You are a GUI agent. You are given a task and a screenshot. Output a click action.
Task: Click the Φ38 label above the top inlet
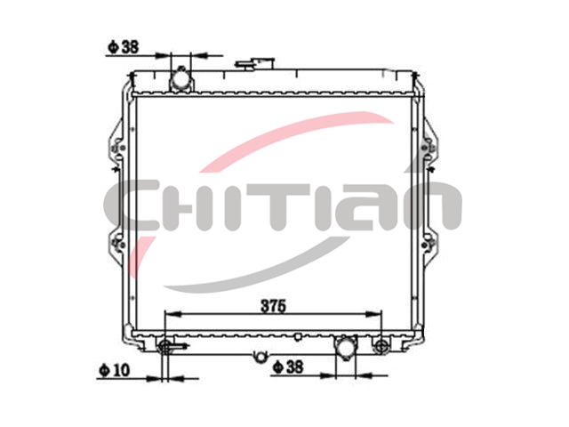coord(124,47)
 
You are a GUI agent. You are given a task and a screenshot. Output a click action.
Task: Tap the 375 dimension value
coord(274,306)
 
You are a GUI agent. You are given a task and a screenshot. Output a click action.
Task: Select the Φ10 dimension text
coord(115,370)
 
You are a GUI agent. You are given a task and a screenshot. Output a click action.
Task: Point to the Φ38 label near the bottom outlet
coord(288,367)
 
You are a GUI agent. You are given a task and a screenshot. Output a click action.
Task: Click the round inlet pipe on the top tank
coord(180,79)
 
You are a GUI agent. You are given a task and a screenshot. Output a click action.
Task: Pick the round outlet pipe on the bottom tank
coord(346,348)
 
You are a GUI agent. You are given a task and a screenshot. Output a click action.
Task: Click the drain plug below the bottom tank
coord(260,357)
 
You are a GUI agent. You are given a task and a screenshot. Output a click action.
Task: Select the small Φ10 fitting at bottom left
coord(166,347)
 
